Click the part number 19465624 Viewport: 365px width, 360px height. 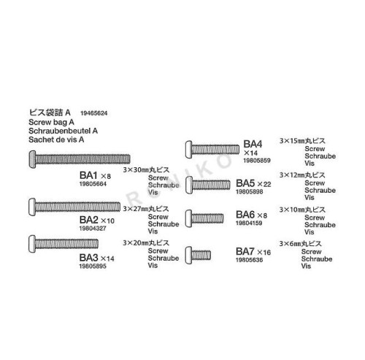(93, 113)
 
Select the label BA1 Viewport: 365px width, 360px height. (88, 175)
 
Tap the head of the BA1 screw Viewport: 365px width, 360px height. (32, 159)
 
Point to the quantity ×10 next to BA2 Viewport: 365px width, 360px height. (107, 221)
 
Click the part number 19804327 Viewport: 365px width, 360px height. (93, 229)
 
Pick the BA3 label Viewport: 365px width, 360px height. (88, 258)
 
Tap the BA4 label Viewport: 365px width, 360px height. (253, 144)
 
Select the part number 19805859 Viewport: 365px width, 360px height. (257, 161)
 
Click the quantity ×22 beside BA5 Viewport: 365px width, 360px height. (264, 184)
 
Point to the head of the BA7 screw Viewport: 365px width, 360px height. (188, 255)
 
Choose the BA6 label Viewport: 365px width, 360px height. (245, 215)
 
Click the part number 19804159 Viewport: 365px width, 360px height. (249, 223)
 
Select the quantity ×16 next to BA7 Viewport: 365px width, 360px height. (264, 252)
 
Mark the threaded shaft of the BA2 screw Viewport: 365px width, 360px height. (77, 207)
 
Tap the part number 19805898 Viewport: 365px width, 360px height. (250, 192)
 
